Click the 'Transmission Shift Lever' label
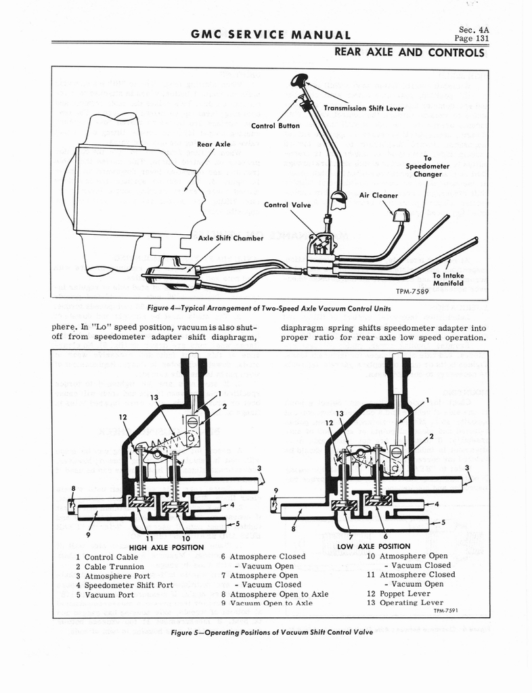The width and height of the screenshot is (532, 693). tap(363, 108)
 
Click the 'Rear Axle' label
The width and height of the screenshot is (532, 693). tap(213, 143)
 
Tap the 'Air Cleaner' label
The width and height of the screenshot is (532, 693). tap(378, 196)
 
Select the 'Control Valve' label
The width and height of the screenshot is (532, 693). tap(286, 204)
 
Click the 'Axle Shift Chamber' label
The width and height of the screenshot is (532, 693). tap(229, 238)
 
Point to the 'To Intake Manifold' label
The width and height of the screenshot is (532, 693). tap(448, 280)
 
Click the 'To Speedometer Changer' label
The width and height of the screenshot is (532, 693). tap(424, 166)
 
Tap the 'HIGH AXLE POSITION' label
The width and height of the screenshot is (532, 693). tap(166, 547)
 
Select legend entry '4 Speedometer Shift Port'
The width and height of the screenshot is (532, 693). tap(124, 585)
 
